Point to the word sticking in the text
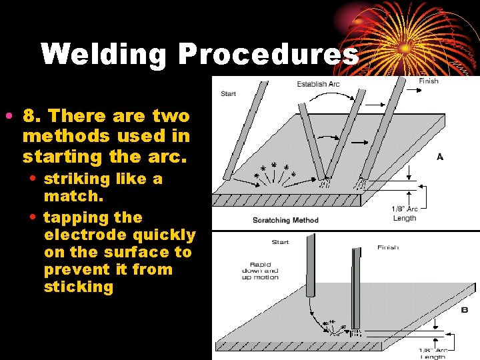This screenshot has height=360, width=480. [79, 287]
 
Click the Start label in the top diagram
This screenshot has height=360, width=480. [229, 93]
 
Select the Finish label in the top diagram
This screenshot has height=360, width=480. [429, 81]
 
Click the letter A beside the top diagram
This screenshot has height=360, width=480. [440, 157]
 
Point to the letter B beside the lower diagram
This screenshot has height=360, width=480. [465, 310]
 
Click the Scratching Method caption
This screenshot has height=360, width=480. [285, 220]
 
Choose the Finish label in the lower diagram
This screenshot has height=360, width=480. [388, 247]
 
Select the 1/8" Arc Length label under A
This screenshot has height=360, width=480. [404, 213]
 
